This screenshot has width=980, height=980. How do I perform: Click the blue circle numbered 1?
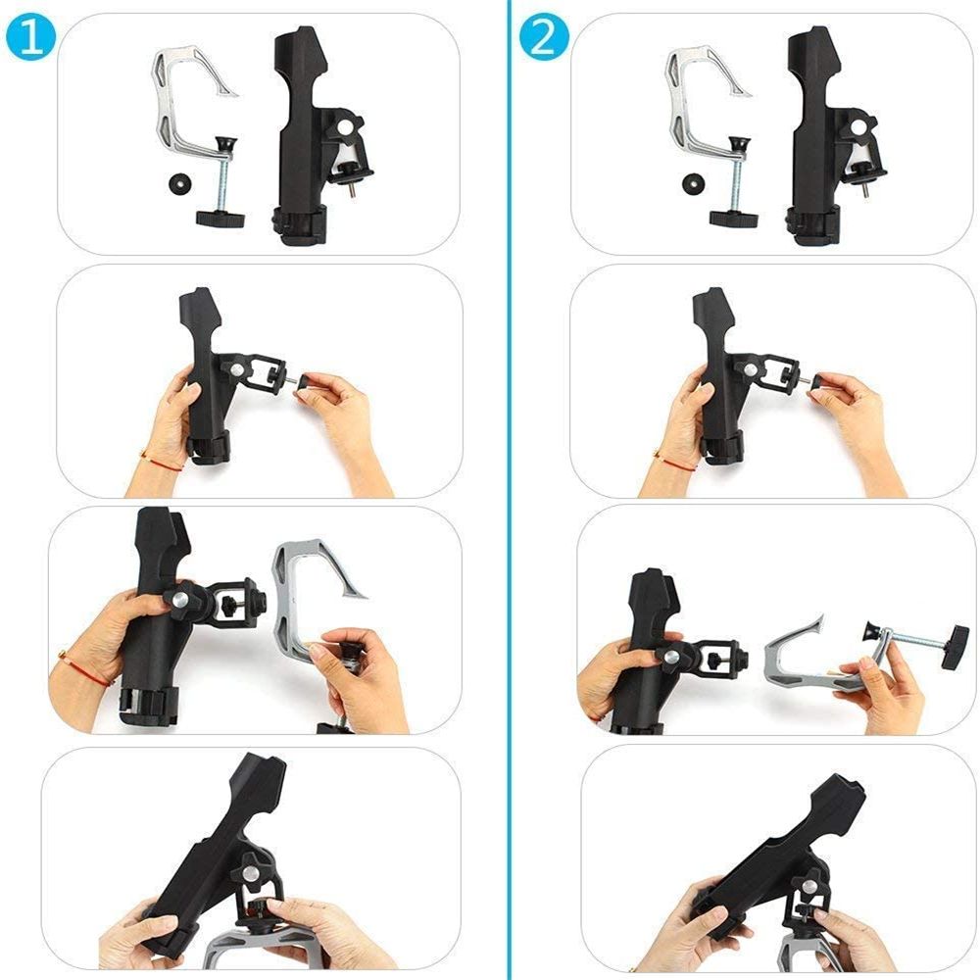[x=30, y=38]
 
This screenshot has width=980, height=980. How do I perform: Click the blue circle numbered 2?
[x=544, y=38]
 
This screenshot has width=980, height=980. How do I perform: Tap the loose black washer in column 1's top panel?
[x=180, y=185]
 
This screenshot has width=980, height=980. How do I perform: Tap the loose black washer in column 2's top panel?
[x=694, y=185]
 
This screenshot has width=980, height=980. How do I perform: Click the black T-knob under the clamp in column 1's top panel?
[x=220, y=219]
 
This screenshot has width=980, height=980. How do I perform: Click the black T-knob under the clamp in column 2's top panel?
[x=733, y=219]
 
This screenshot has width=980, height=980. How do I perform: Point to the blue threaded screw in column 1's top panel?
[x=222, y=181]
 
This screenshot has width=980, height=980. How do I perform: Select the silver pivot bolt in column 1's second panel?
[x=237, y=370]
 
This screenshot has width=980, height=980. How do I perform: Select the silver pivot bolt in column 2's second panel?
[x=750, y=370]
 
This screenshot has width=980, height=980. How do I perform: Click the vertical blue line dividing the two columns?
[x=509, y=490]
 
